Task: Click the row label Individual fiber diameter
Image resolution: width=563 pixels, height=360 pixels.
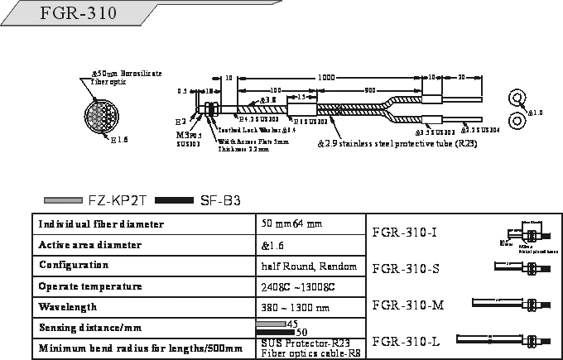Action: click(x=101, y=224)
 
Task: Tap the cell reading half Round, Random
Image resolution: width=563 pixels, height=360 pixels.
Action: click(x=308, y=266)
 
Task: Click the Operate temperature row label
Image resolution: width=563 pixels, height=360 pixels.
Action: click(x=90, y=286)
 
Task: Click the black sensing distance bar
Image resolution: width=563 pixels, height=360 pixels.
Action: click(x=271, y=331)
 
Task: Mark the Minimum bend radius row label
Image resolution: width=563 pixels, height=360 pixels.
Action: click(x=141, y=348)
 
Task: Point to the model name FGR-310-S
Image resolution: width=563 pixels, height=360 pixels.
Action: click(x=405, y=268)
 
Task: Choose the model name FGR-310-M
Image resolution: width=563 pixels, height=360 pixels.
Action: click(x=408, y=305)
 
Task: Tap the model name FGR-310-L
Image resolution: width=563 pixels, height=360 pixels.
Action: click(x=406, y=341)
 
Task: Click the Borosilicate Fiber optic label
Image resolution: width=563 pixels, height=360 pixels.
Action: click(x=127, y=79)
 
